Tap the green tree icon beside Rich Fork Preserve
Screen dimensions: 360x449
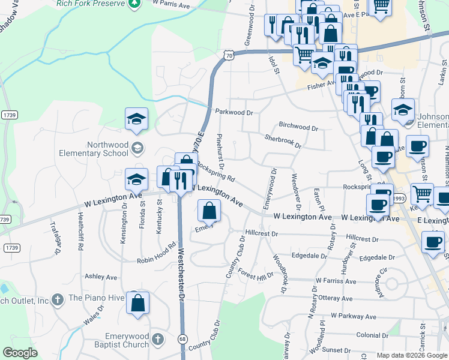(136, 4)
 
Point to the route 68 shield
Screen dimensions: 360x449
(182, 339)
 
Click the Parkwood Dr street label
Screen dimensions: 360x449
(234, 112)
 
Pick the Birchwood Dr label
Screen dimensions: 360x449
(298, 127)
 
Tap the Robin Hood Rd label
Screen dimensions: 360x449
(156, 253)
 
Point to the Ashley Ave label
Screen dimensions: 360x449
(101, 277)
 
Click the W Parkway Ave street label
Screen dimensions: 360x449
(353, 316)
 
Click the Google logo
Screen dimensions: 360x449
(20, 353)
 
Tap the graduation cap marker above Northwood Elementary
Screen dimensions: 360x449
(136, 118)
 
